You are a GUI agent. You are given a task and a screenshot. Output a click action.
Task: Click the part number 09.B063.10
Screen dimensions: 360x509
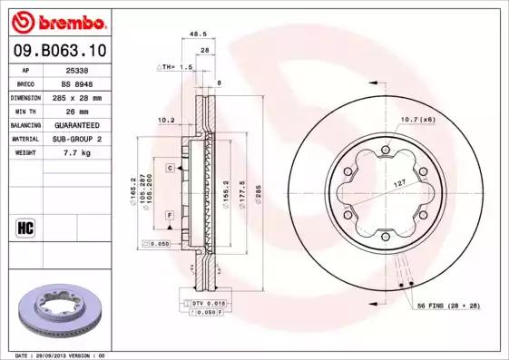[x=58, y=51]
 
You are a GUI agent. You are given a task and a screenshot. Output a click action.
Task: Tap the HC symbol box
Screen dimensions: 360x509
[x=25, y=226]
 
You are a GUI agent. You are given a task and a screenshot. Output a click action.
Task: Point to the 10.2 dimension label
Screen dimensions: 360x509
[x=166, y=119]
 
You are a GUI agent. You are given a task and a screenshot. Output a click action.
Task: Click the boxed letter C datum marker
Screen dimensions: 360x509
[x=170, y=169]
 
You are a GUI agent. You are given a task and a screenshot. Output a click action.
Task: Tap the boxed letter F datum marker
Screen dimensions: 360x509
[x=170, y=215]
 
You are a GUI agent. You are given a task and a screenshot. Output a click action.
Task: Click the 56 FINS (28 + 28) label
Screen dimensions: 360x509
[x=448, y=306]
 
